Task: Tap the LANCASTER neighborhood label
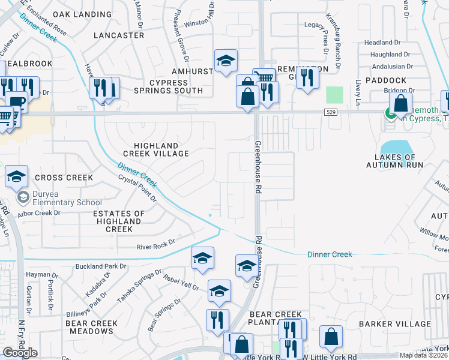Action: coord(119,35)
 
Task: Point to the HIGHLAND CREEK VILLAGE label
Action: coord(155,150)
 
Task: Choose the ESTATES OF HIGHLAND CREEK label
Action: coord(119,221)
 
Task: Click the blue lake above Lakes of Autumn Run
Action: coord(394,146)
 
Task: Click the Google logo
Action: coord(20,353)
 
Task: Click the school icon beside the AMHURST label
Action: coord(226,61)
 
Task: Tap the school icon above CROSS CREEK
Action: coord(16,176)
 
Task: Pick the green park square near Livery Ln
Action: coord(334,95)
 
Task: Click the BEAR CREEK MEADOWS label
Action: coord(91,327)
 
